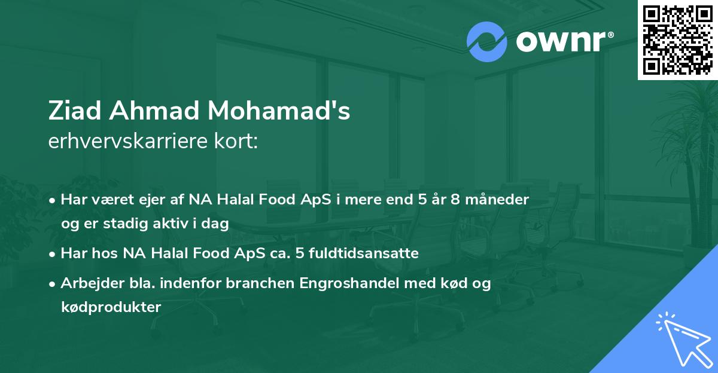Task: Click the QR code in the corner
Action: pos(678,39)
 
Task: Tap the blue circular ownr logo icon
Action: pos(486,41)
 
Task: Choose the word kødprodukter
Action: pos(111,307)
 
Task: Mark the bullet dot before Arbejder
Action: pos(53,284)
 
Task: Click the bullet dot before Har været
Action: pos(53,200)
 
